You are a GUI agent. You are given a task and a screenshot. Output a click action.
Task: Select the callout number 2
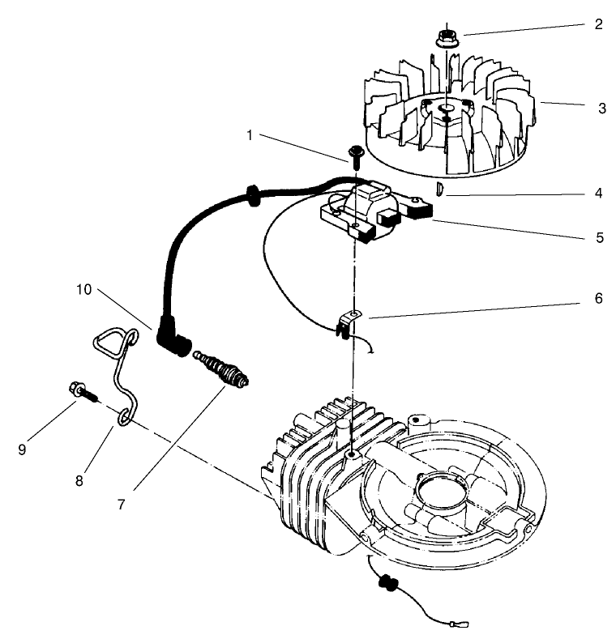click(598, 23)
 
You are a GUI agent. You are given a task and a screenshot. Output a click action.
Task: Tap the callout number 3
click(601, 108)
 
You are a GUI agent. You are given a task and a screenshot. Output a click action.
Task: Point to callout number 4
click(598, 194)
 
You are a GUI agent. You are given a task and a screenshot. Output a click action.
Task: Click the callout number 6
click(598, 298)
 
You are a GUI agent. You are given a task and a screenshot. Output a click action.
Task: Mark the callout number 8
click(79, 480)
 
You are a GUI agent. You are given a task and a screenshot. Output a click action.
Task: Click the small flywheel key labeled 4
click(438, 190)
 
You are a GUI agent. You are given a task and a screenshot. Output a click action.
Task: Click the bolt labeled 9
click(82, 392)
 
